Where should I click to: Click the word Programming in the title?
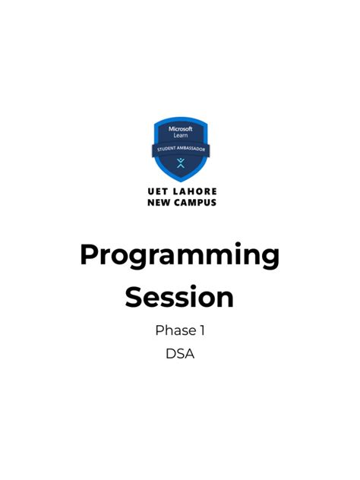179,257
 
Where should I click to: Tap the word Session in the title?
179,297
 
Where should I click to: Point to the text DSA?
180,354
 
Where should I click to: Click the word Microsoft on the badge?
180,129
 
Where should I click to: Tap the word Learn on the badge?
180,136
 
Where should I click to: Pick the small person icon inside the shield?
180,163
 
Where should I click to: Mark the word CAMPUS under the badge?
194,203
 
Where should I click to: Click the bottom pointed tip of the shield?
180,181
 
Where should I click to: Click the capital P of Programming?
89,255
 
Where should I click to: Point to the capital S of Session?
134,297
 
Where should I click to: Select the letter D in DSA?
170,354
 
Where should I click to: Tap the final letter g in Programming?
270,260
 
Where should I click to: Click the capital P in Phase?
159,330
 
